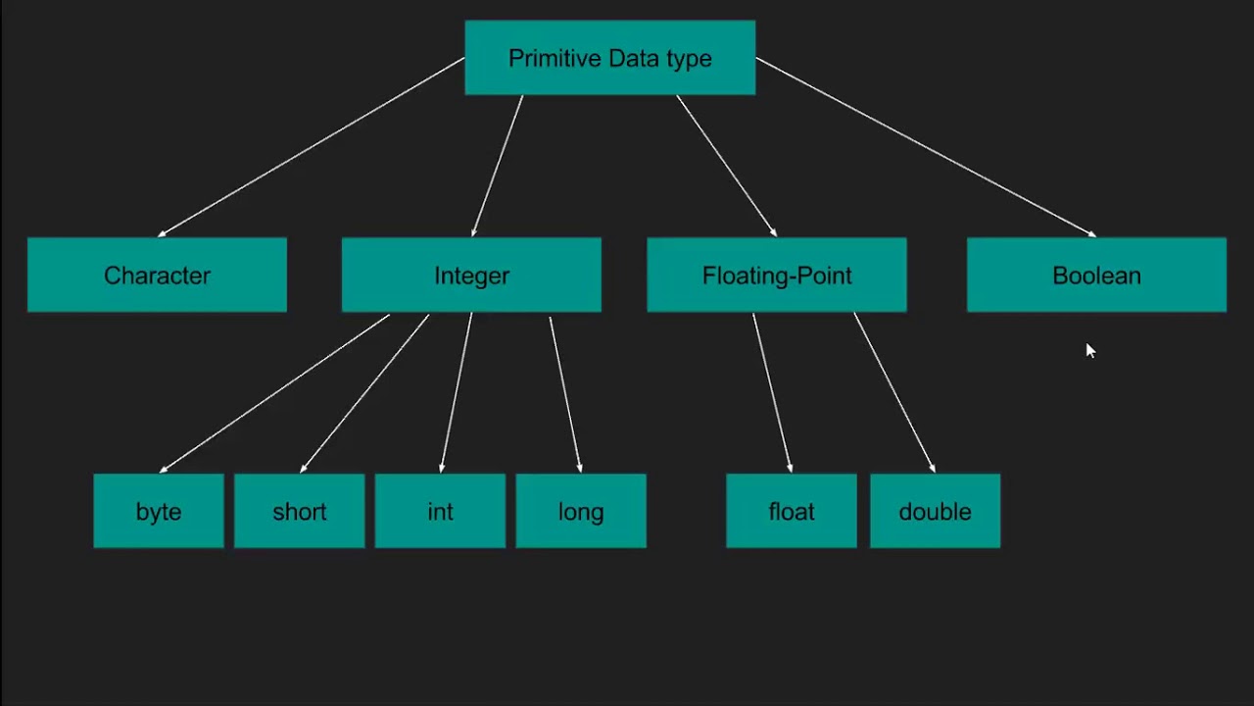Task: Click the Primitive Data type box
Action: point(609,58)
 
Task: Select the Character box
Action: point(157,276)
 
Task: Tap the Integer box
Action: point(471,276)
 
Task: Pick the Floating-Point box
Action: point(777,276)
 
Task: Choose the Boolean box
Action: point(1096,276)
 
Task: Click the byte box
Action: point(159,511)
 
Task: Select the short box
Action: point(299,511)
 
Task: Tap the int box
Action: point(440,511)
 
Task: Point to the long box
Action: point(581,511)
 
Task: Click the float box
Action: point(792,511)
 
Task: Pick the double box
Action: point(935,511)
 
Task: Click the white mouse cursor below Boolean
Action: point(1090,351)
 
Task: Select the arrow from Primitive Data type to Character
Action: point(311,147)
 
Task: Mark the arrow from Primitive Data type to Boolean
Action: point(926,147)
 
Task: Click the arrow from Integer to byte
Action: point(274,393)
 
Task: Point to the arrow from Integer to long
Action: point(565,393)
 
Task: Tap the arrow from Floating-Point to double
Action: point(893,393)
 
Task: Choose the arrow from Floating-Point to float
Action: point(771,393)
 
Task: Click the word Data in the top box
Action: point(610,58)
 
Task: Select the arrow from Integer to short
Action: point(364,393)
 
